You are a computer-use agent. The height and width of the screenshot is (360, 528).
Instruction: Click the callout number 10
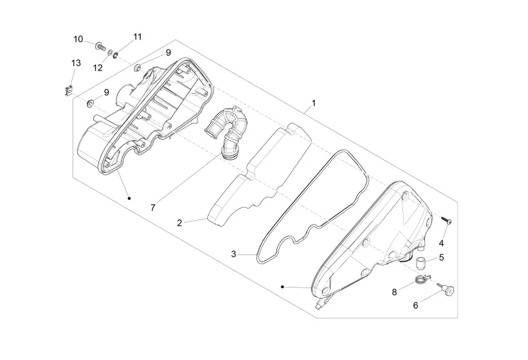click(x=78, y=39)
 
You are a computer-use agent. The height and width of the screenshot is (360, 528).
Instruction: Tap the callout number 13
click(x=76, y=63)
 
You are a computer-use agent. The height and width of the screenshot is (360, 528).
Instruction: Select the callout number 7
click(x=153, y=208)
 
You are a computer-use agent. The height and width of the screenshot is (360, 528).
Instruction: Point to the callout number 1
click(x=314, y=103)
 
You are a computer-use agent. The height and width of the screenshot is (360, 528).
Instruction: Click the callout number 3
click(x=234, y=254)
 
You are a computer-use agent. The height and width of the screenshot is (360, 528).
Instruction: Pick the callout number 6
click(x=415, y=305)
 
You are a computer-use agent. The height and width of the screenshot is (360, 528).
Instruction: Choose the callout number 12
click(x=98, y=68)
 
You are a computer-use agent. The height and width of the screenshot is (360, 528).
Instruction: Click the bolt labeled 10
click(x=100, y=47)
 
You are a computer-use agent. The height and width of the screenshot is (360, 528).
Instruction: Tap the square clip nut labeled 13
click(x=69, y=91)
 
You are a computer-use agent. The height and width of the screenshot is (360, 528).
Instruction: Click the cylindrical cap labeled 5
click(x=419, y=262)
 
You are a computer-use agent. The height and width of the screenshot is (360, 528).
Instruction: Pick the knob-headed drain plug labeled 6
click(x=446, y=288)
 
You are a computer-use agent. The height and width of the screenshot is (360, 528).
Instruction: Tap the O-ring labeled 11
click(x=115, y=55)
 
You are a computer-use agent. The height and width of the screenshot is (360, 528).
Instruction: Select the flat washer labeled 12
click(x=109, y=53)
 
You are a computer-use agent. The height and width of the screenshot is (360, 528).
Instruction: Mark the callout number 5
click(x=441, y=258)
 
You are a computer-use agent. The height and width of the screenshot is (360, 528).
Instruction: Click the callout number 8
click(x=395, y=293)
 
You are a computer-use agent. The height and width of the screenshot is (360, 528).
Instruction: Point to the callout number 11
click(x=137, y=37)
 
